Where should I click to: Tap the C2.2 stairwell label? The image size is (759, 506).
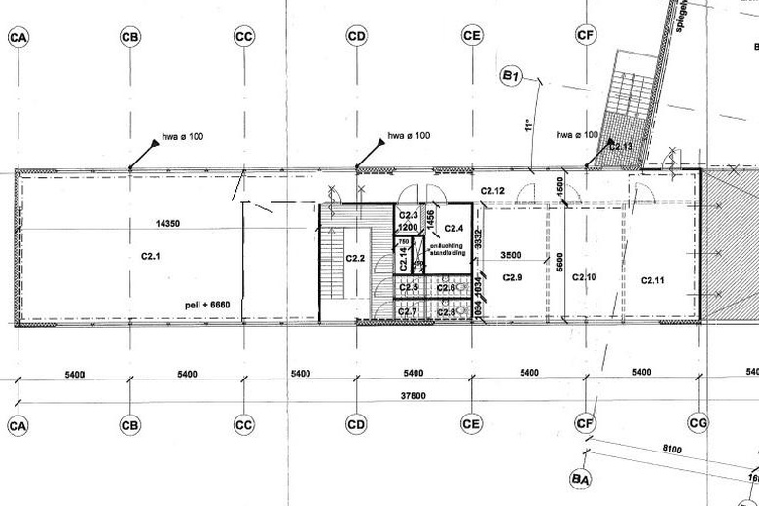[x=356, y=258]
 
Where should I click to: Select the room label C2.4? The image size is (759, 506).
[x=453, y=228]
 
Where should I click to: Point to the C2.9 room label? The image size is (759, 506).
[x=514, y=278]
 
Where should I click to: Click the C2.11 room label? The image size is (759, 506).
[x=652, y=280]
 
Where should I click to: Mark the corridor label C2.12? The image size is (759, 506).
[x=492, y=190]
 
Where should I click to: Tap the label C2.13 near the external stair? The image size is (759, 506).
[x=620, y=146]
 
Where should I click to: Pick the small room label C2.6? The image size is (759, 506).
[x=447, y=288]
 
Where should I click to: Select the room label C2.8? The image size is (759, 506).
[x=447, y=311]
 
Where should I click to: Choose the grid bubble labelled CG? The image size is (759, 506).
[x=698, y=425]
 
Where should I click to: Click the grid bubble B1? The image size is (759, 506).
[x=512, y=76]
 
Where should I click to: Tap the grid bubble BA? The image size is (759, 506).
[x=582, y=479]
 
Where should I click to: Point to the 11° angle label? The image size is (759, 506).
[x=530, y=126]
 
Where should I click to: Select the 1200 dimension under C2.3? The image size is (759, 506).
[x=408, y=228]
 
